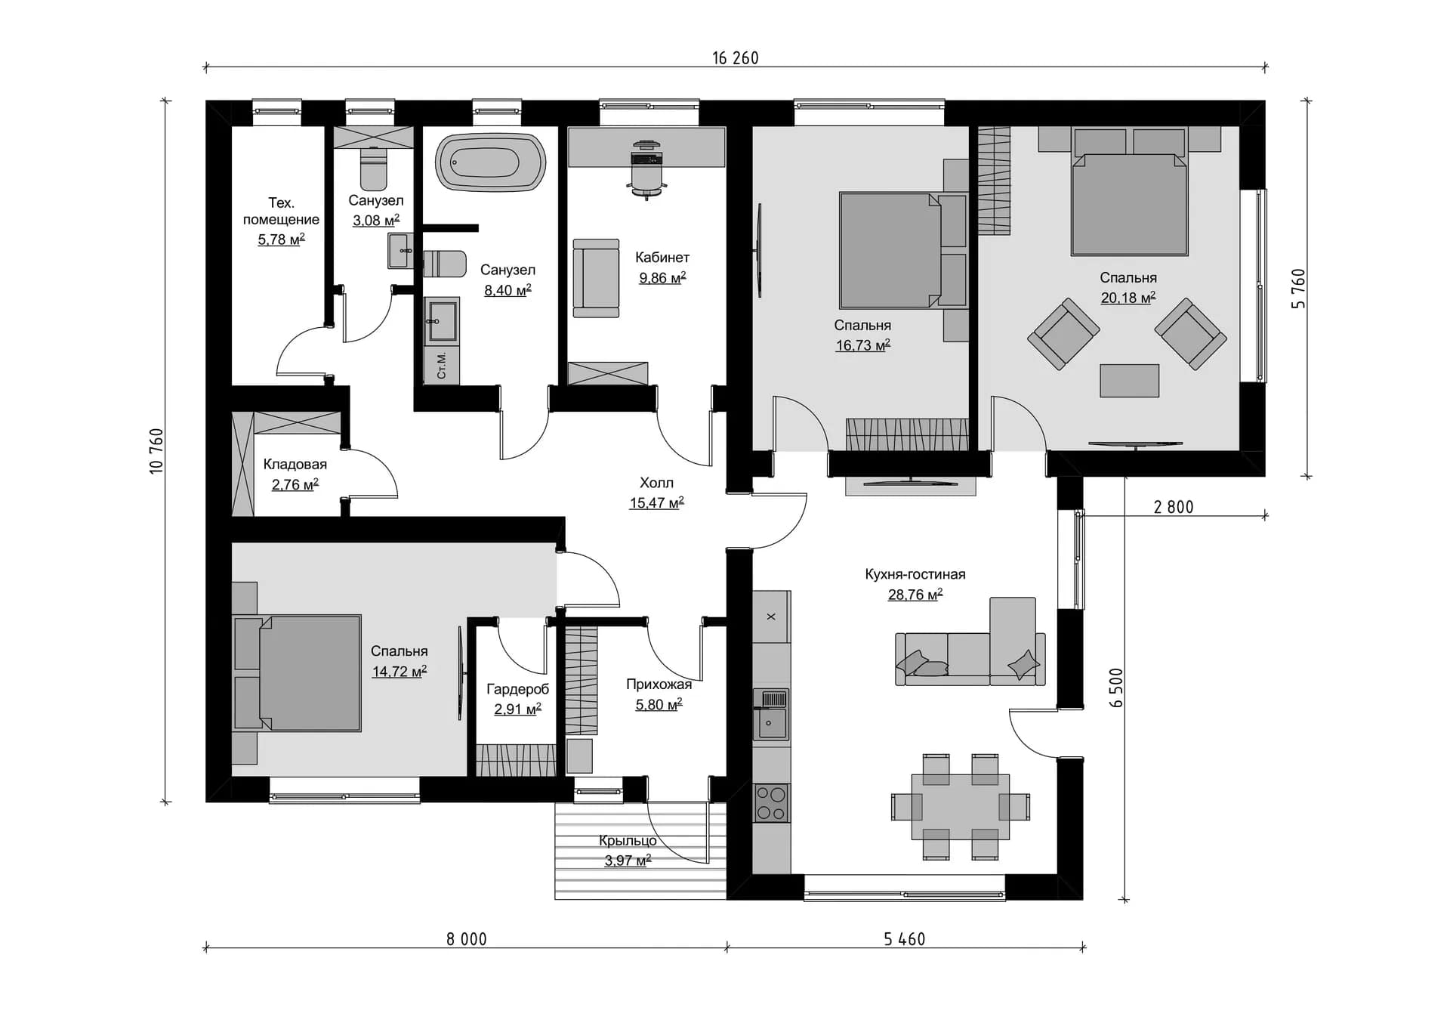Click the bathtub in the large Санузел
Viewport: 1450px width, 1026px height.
click(x=491, y=162)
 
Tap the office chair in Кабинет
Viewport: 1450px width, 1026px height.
click(x=646, y=169)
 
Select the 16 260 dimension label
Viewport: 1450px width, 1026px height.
click(x=735, y=58)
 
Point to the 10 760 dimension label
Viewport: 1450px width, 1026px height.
click(x=156, y=451)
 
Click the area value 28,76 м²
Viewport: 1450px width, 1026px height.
click(x=915, y=595)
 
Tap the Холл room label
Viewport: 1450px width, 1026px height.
click(x=656, y=483)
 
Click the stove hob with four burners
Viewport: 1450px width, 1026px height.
click(x=771, y=803)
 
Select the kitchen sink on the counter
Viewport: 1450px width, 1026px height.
click(x=771, y=714)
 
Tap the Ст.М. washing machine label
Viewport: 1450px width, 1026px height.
click(x=442, y=366)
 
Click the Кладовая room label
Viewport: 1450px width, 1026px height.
click(x=295, y=465)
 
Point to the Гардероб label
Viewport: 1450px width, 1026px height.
click(x=517, y=689)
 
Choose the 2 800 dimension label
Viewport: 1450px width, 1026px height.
click(x=1174, y=507)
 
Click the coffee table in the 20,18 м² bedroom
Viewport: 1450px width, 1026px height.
click(x=1129, y=380)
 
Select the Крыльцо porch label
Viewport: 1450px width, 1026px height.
click(x=628, y=841)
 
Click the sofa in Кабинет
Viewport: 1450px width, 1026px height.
click(x=596, y=278)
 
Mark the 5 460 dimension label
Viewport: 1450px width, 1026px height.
click(x=904, y=939)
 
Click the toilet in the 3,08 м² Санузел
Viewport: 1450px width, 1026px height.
click(x=373, y=168)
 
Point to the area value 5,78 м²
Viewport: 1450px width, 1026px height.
click(x=281, y=240)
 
